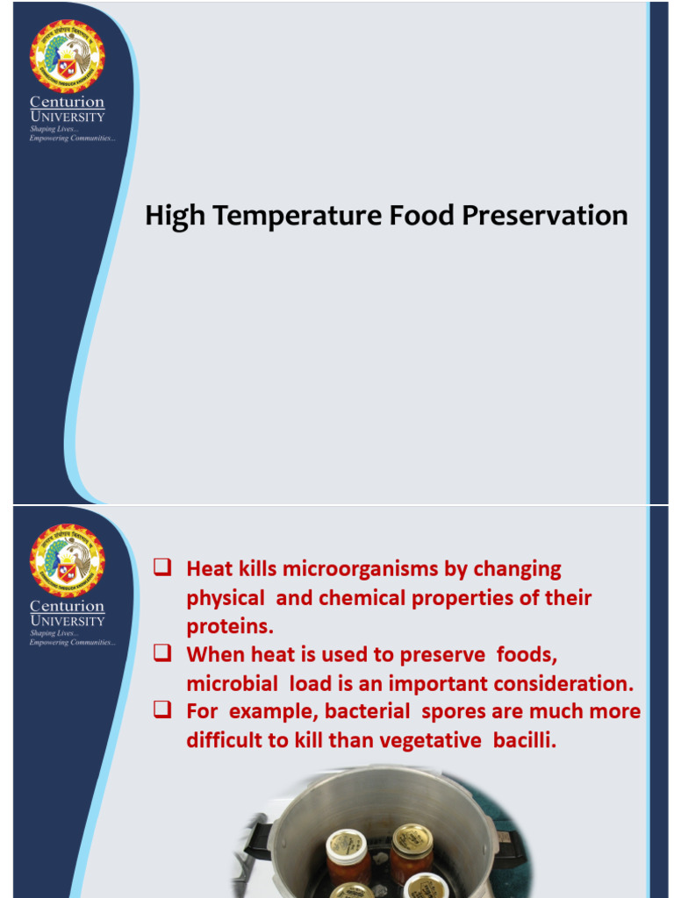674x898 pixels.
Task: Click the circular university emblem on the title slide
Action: [x=67, y=56]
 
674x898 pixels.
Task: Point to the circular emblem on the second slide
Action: [x=67, y=560]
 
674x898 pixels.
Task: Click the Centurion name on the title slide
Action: [x=67, y=103]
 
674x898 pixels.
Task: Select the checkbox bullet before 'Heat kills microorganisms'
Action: [x=161, y=567]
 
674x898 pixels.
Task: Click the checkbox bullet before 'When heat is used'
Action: [x=161, y=653]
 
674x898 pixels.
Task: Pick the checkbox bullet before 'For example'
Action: [x=161, y=710]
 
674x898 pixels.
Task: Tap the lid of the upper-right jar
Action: [x=412, y=837]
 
